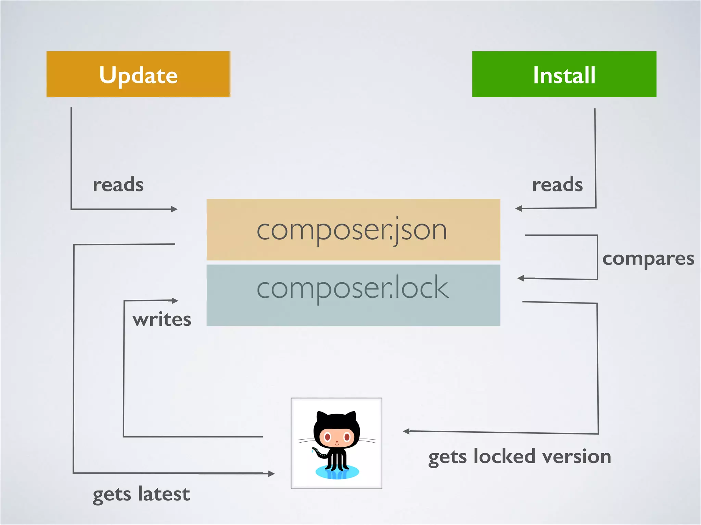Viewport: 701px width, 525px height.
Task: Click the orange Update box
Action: tap(138, 74)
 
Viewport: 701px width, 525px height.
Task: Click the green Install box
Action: tap(564, 74)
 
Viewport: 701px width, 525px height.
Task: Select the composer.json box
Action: tap(353, 230)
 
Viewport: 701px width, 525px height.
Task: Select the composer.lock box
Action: tap(353, 295)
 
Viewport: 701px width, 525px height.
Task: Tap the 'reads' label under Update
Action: tap(118, 185)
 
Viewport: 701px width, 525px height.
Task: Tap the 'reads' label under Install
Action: tap(557, 185)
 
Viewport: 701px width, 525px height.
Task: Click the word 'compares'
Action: tap(648, 259)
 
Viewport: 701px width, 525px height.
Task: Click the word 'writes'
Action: tap(162, 320)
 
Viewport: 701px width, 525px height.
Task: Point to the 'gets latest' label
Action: tap(141, 494)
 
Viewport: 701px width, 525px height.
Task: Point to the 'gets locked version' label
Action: tap(520, 457)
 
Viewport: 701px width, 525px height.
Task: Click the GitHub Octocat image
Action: tap(336, 443)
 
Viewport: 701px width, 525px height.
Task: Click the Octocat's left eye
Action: tap(327, 437)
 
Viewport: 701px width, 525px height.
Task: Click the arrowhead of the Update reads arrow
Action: tap(175, 209)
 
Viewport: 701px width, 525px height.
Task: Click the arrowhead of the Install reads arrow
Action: tap(518, 208)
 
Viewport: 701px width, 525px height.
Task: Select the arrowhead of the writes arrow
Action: tap(175, 301)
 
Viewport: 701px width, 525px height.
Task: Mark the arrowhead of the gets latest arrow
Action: tap(271, 473)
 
